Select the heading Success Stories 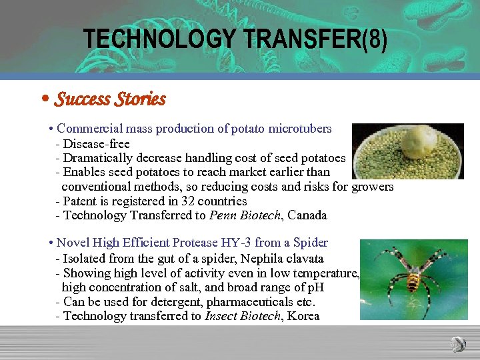(x=109, y=99)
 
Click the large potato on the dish (x=418, y=143)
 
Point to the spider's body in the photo (x=413, y=273)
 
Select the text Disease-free (x=96, y=143)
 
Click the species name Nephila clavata (x=280, y=258)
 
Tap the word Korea (x=304, y=316)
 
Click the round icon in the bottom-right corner (x=458, y=344)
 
